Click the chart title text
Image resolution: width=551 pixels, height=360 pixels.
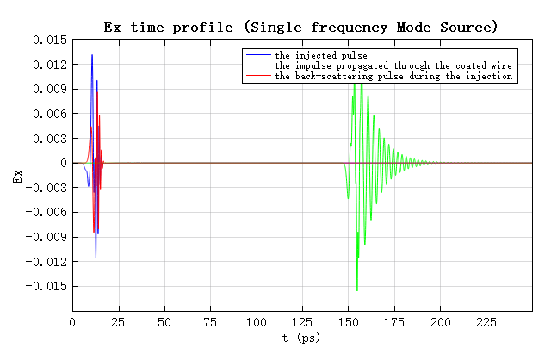coord(300,27)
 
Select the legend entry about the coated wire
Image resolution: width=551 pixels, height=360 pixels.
coord(393,65)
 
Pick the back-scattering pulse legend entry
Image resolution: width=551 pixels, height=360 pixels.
coord(393,76)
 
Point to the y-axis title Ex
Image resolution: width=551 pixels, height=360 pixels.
coord(16,177)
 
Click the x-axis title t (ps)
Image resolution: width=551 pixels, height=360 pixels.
coord(300,338)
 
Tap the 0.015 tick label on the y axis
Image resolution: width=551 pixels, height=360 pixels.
coord(49,40)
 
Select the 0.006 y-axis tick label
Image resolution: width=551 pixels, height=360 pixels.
coord(49,114)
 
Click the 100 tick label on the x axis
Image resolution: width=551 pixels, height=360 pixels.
coord(256,322)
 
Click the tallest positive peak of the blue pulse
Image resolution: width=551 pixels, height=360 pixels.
coord(92,56)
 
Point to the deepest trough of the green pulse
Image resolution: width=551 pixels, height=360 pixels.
coord(357,290)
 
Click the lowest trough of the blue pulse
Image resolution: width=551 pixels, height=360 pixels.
coord(96,257)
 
